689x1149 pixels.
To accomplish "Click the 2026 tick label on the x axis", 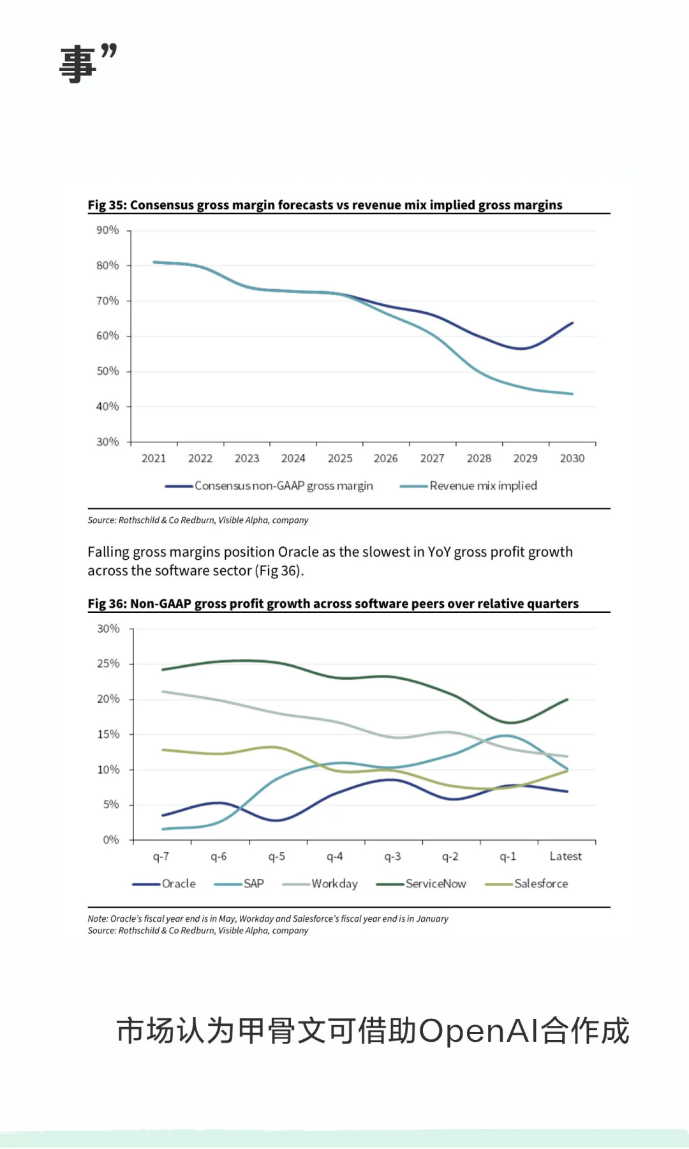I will [385, 458].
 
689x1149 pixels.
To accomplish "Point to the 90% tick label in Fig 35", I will [107, 230].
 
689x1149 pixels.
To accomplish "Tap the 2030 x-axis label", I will [572, 458].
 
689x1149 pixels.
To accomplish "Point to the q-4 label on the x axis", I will [334, 857].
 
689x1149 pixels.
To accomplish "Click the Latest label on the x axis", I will [565, 857].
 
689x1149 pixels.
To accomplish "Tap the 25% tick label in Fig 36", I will [108, 664].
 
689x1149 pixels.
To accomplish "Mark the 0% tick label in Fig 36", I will [111, 840].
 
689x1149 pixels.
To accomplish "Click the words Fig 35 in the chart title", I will [107, 205].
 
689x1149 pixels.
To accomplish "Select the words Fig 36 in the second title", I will [107, 604].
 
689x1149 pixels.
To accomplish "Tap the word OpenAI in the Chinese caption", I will [478, 1032].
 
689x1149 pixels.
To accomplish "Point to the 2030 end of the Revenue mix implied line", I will [572, 394].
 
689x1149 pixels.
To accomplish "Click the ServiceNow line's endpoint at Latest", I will [567, 700].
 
